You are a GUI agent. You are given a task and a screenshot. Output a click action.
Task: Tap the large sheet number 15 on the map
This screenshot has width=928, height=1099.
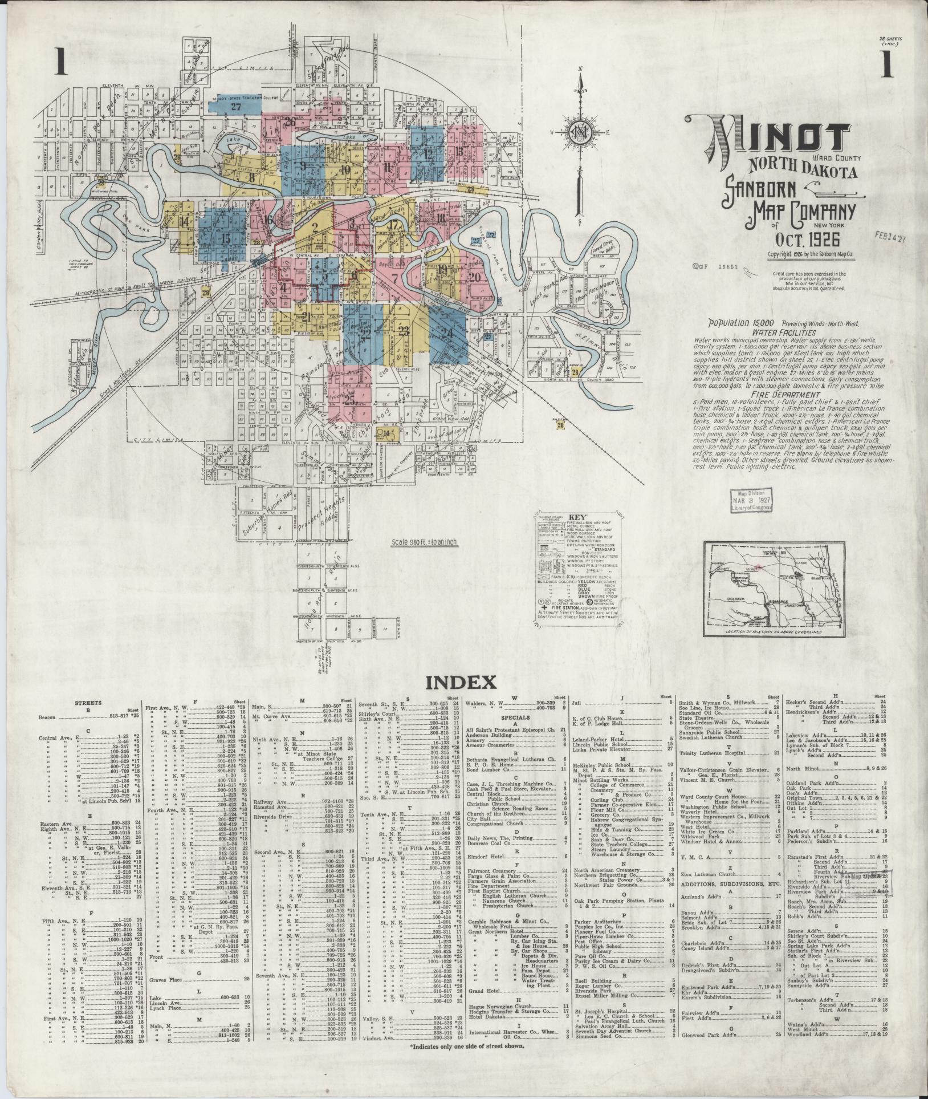pos(226,238)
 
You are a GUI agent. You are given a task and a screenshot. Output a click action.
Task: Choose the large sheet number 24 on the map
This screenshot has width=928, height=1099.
pos(447,333)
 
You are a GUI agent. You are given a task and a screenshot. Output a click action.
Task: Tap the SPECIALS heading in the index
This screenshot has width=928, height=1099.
pos(515,717)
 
